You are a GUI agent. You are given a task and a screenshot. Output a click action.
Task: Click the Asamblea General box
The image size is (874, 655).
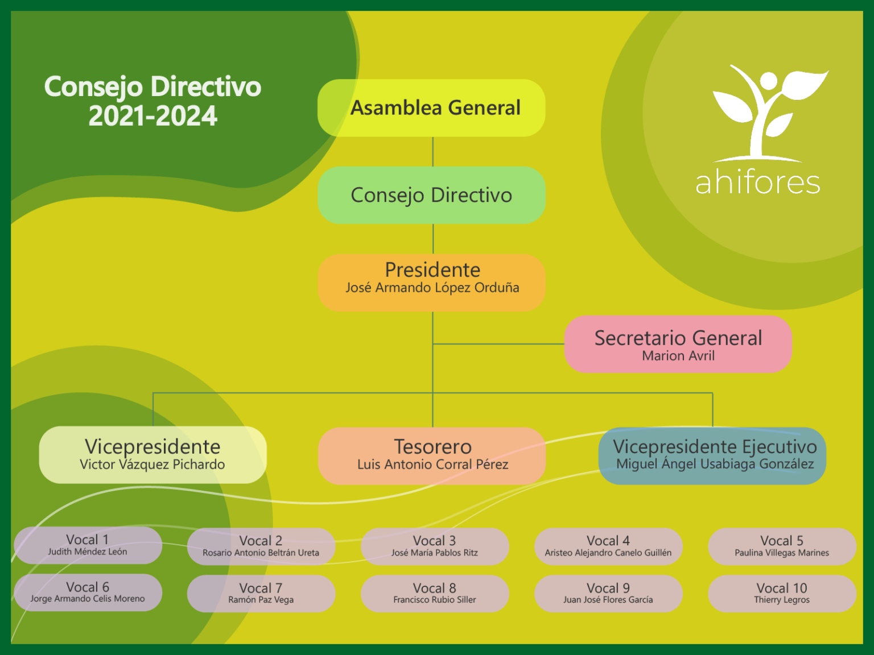431,108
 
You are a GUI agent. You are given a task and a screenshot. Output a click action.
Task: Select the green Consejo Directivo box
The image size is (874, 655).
431,195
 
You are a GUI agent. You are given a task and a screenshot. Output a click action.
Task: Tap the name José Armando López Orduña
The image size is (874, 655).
432,288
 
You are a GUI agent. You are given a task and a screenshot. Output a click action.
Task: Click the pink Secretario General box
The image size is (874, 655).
678,344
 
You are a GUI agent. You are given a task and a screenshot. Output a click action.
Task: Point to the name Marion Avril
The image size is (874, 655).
678,355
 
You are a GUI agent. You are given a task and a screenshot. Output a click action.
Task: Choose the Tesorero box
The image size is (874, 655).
432,456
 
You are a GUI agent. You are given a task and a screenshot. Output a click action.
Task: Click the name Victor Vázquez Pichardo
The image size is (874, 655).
152,464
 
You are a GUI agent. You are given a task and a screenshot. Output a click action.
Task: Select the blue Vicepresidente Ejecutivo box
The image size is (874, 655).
712,456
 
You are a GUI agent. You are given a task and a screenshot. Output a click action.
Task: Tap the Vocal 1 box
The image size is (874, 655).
88,545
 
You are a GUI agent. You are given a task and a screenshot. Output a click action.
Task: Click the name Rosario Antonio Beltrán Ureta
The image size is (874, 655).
261,553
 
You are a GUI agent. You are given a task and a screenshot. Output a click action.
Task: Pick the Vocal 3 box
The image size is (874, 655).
435,546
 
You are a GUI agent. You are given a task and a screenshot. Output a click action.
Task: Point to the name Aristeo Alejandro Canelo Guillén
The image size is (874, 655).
608,553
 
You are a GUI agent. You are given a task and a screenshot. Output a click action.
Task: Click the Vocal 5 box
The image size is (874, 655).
782,546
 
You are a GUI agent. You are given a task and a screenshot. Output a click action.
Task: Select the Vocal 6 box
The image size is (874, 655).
88,592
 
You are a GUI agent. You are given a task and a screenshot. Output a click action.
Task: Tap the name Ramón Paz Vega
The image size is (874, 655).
261,600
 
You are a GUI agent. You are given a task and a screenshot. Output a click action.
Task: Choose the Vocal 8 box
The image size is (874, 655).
435,594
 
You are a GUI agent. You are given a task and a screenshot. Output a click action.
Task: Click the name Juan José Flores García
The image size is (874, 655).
608,600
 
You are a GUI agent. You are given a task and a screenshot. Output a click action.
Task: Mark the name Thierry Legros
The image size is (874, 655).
782,600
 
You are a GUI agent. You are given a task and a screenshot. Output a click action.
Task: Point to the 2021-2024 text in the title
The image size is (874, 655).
153,116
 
